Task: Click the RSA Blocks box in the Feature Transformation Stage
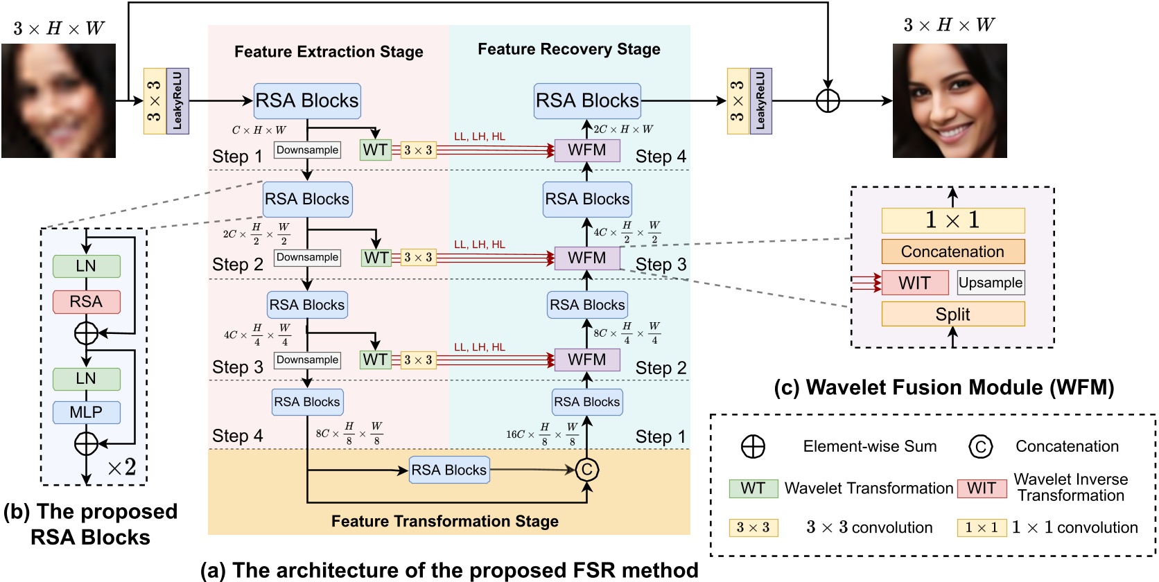click(449, 470)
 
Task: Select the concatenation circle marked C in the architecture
click(586, 470)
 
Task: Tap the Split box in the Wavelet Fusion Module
click(952, 314)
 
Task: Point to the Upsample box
click(990, 283)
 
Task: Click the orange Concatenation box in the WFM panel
click(952, 252)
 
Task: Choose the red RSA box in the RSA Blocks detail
click(86, 301)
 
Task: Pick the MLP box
click(86, 412)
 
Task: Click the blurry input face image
click(58, 101)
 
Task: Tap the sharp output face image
click(950, 101)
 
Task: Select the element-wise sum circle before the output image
click(828, 101)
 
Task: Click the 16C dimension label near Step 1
click(541, 434)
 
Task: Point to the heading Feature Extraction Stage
click(329, 52)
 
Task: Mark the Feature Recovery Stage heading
click(569, 49)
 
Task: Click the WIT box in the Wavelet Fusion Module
click(914, 283)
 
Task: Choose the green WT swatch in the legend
click(753, 488)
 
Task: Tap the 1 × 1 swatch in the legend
click(981, 528)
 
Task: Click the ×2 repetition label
click(122, 468)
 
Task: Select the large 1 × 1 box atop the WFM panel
click(952, 220)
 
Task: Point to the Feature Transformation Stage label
click(445, 521)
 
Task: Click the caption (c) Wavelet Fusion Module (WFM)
click(943, 387)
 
